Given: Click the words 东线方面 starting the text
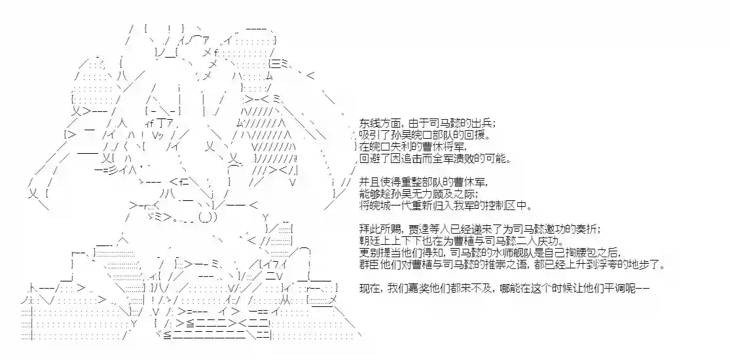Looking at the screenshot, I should [376, 124].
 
